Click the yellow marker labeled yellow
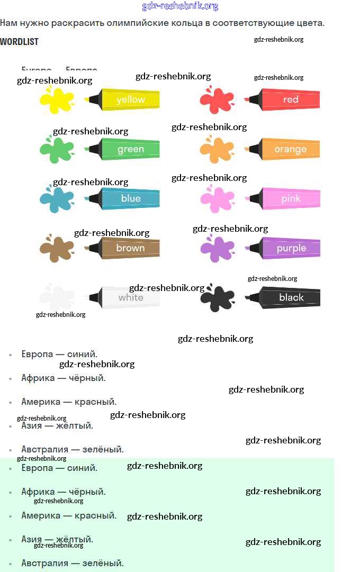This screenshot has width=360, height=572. tap(127, 99)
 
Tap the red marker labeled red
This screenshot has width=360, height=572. tap(286, 99)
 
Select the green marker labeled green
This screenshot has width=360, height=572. tap(127, 149)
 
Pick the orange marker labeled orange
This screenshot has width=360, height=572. tap(286, 149)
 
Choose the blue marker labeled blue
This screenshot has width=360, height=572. tap(127, 198)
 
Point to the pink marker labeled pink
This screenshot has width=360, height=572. tap(286, 198)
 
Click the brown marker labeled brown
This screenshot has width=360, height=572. tap(127, 248)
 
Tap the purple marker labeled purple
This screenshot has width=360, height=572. tap(286, 248)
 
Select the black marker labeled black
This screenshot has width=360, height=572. tap(286, 297)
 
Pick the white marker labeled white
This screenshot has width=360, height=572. tap(127, 297)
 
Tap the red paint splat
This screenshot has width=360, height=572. tap(217, 100)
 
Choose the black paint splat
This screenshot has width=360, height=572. tap(217, 298)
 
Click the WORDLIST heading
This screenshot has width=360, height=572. tap(19, 41)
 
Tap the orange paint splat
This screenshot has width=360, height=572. tap(217, 150)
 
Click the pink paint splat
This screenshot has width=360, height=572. tap(217, 199)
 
